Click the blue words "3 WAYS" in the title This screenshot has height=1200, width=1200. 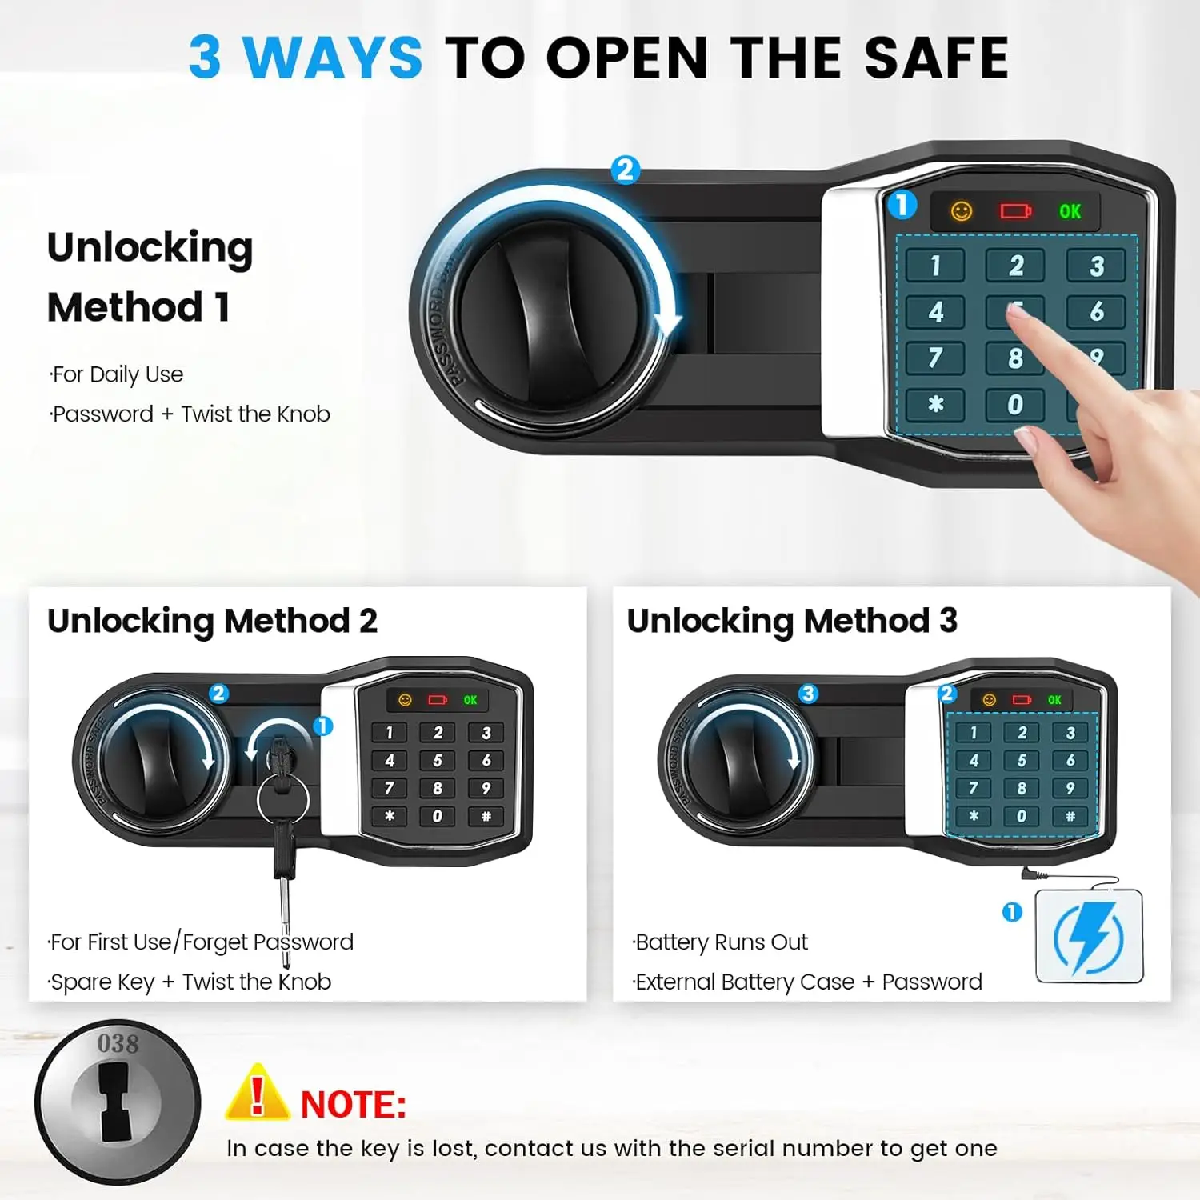tap(306, 58)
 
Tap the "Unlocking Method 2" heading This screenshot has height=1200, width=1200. tap(212, 622)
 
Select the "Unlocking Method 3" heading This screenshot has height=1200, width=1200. tap(792, 622)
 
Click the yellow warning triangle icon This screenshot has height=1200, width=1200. tap(257, 1094)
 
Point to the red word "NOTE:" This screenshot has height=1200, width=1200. tap(353, 1105)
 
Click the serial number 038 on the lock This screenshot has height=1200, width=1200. tap(118, 1044)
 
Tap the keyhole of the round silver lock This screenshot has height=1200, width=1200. tap(115, 1102)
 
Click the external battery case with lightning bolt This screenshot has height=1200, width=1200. tap(1089, 937)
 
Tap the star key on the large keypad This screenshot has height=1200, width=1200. tap(935, 405)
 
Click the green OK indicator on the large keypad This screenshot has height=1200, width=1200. tap(1070, 212)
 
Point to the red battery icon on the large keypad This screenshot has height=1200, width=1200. tap(1015, 211)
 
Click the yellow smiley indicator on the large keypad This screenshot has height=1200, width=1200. tap(961, 211)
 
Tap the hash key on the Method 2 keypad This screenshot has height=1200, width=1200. tap(486, 816)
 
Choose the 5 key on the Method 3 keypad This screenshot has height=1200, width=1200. tap(1022, 760)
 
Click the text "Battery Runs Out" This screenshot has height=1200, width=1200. tap(721, 942)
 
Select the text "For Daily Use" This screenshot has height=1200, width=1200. tap(117, 374)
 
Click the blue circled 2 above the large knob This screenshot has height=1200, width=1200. tap(625, 170)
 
